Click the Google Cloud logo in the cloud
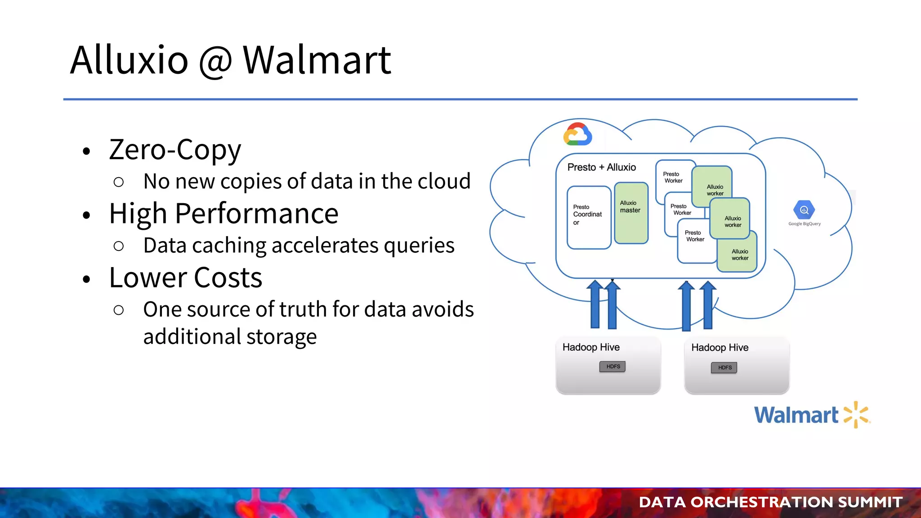point(577,134)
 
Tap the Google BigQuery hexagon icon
point(804,210)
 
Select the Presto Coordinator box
point(589,217)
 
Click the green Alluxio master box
point(631,213)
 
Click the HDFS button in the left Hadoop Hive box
point(613,366)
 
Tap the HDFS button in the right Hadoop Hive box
point(724,367)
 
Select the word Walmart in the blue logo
point(796,415)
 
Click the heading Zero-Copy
point(175,149)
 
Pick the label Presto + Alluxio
point(601,167)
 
